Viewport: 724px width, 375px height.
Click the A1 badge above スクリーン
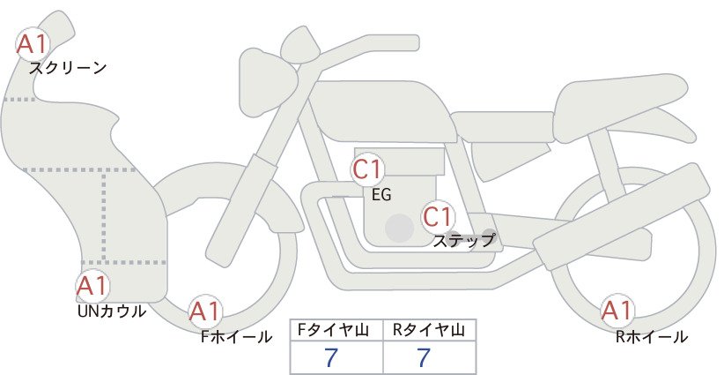click(33, 44)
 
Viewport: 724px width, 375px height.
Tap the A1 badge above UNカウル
click(92, 286)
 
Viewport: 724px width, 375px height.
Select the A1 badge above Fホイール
click(205, 311)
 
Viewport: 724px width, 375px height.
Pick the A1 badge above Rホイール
click(617, 311)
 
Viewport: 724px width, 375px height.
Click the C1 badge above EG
click(367, 169)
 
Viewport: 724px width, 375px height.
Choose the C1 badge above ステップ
click(438, 217)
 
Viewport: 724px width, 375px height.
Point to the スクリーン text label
click(68, 69)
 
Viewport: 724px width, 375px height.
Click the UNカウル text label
click(111, 311)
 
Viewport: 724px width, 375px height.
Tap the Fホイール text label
click(236, 337)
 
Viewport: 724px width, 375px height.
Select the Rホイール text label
click(652, 337)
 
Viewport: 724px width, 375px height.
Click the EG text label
click(381, 195)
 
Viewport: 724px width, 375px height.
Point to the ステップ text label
click(463, 241)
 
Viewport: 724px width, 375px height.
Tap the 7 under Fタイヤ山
click(330, 357)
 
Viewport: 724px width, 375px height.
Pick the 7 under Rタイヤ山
click(424, 357)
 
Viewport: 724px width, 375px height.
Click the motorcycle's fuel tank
click(383, 111)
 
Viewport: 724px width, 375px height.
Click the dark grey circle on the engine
click(400, 228)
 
